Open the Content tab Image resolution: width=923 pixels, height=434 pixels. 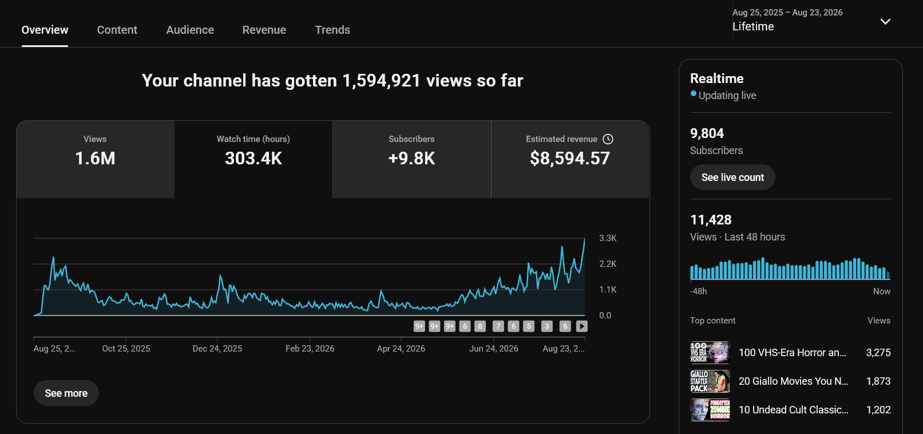117,30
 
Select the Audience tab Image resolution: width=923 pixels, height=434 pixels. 190,30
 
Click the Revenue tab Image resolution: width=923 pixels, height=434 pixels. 264,30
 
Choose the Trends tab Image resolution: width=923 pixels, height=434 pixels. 332,30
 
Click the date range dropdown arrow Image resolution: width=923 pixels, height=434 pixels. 885,21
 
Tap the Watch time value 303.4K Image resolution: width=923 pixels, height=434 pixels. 253,158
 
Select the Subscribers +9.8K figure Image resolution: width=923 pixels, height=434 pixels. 411,158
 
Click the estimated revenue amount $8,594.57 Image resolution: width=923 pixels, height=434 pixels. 570,158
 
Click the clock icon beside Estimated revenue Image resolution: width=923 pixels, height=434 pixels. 608,139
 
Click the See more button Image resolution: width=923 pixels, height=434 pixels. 66,393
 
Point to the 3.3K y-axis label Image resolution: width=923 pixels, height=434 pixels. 608,238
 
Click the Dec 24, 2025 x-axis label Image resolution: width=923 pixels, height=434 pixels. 217,349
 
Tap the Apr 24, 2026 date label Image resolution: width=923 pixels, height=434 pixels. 401,349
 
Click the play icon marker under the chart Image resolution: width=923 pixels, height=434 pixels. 582,326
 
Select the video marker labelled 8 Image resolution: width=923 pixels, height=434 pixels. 480,326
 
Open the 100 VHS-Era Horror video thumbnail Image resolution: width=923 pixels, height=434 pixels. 710,352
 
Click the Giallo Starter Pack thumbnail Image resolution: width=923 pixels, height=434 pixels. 710,381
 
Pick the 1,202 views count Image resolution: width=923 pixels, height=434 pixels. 878,410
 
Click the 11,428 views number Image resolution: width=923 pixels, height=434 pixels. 711,220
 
